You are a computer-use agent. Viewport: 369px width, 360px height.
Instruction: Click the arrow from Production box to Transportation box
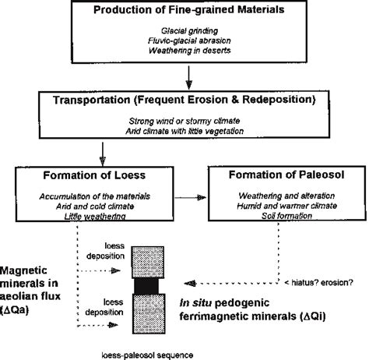pos(189,76)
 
